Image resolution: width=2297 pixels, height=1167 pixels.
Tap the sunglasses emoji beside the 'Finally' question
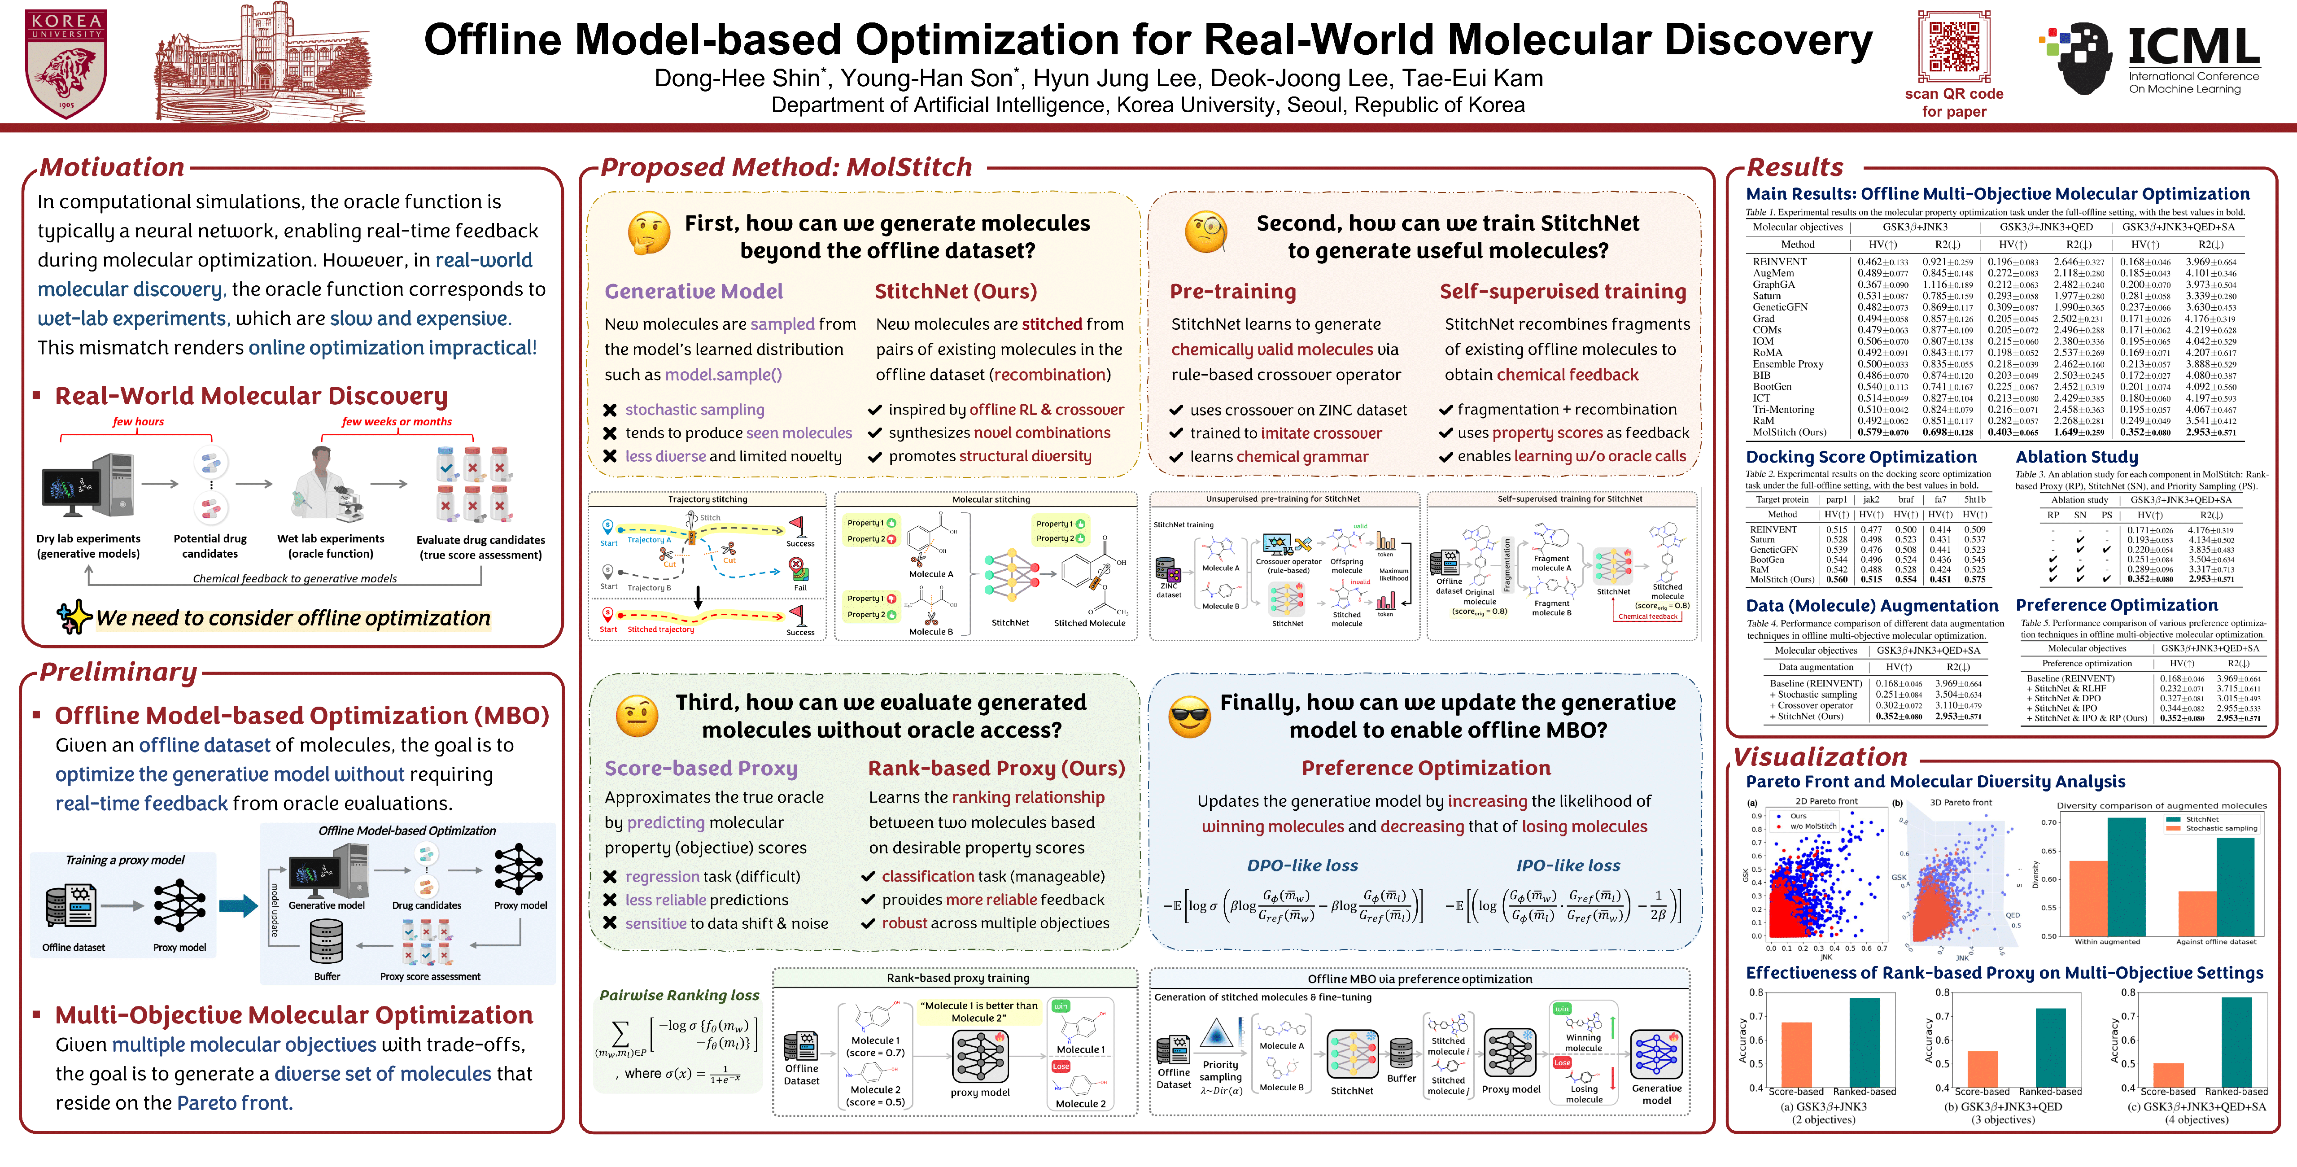pyautogui.click(x=1189, y=715)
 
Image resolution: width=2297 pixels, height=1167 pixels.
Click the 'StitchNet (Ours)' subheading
pyautogui.click(x=955, y=292)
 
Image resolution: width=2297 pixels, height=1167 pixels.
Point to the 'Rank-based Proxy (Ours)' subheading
pyautogui.click(x=996, y=769)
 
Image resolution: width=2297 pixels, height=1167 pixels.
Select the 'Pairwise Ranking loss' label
pyautogui.click(x=679, y=995)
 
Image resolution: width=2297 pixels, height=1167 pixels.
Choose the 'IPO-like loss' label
pyautogui.click(x=1568, y=865)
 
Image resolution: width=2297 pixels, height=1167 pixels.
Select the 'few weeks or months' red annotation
pyautogui.click(x=397, y=422)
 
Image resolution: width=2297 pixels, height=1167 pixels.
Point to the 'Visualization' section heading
pyautogui.click(x=1819, y=757)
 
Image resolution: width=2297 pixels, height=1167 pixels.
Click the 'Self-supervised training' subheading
pyautogui.click(x=1562, y=292)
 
